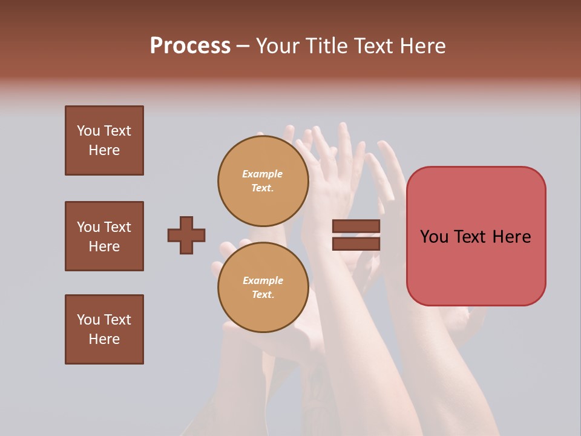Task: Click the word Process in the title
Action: [190, 45]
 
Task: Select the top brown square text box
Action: [104, 140]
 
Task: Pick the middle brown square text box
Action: [104, 236]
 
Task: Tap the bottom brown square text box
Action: [104, 329]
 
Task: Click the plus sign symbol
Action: [186, 235]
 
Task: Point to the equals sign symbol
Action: [356, 235]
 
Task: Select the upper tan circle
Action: [263, 181]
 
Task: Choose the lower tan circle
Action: [263, 288]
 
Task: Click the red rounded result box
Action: [476, 236]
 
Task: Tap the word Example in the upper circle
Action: [263, 174]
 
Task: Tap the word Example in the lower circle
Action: [263, 280]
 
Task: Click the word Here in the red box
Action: [512, 237]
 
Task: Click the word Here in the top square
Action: [104, 150]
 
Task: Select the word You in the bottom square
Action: [88, 320]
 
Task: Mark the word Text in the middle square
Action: [117, 227]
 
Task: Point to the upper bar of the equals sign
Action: [356, 226]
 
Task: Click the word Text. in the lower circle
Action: [263, 295]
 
